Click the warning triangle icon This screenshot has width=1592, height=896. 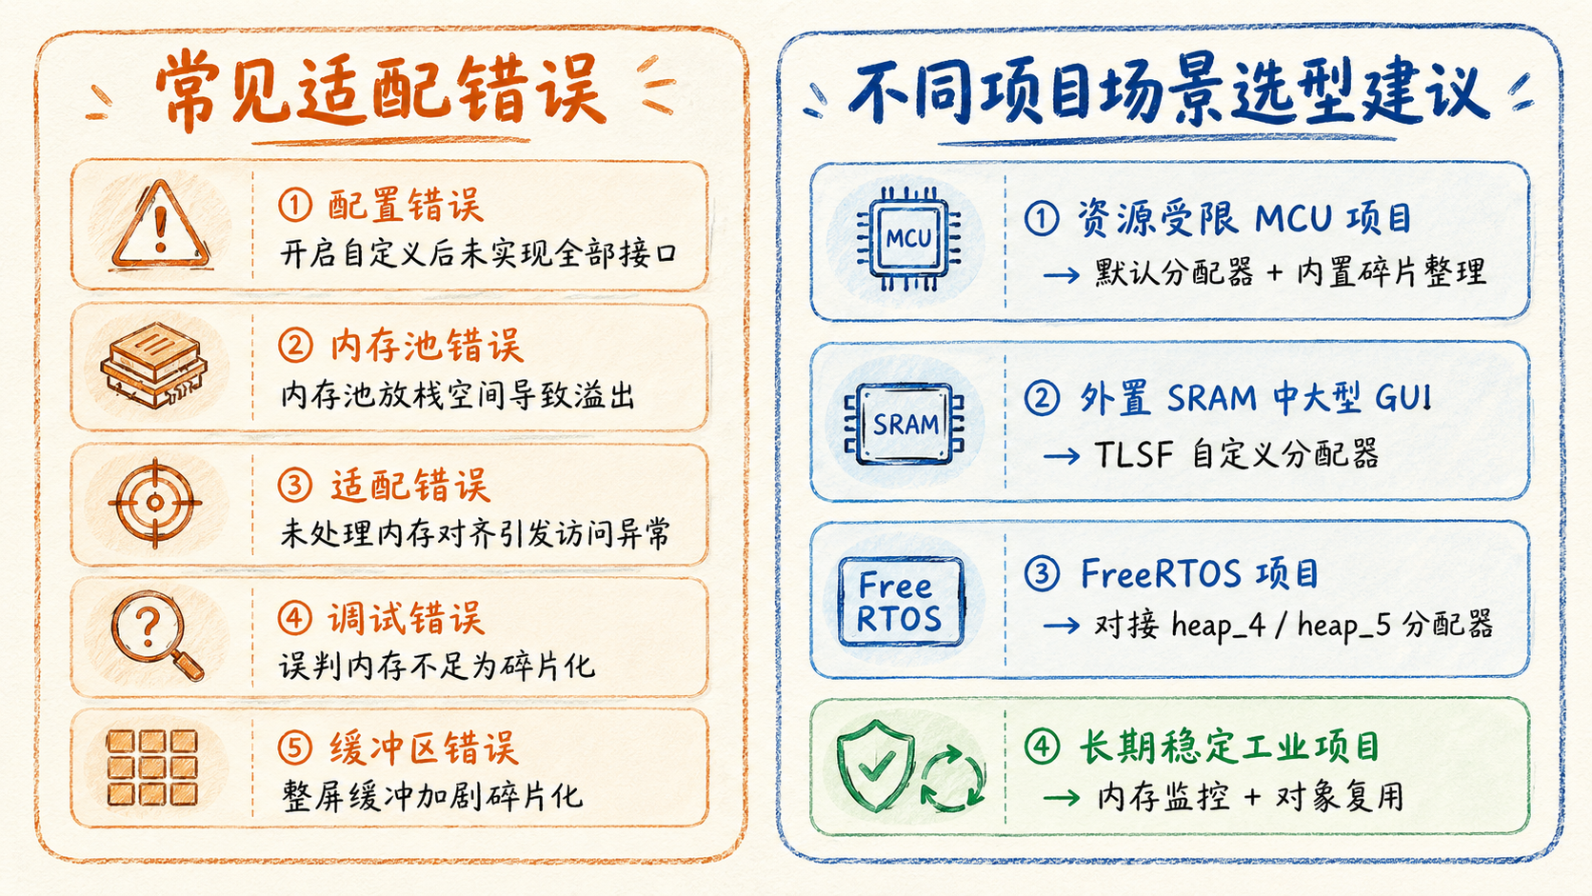(161, 226)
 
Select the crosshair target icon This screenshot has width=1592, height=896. (155, 503)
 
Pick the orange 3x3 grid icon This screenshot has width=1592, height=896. (152, 767)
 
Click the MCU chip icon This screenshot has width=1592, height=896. (908, 238)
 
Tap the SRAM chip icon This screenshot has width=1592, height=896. (904, 424)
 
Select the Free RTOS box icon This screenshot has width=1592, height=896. (901, 602)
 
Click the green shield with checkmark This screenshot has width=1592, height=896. (875, 766)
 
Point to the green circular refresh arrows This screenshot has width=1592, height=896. (953, 780)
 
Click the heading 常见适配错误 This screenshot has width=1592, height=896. (381, 90)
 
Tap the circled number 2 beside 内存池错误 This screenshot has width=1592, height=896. (295, 346)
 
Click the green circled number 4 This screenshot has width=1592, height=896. (1042, 747)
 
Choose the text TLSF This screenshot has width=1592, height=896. (1133, 455)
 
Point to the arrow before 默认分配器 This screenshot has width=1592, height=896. (1061, 274)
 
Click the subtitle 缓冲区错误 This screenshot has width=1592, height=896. (424, 748)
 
